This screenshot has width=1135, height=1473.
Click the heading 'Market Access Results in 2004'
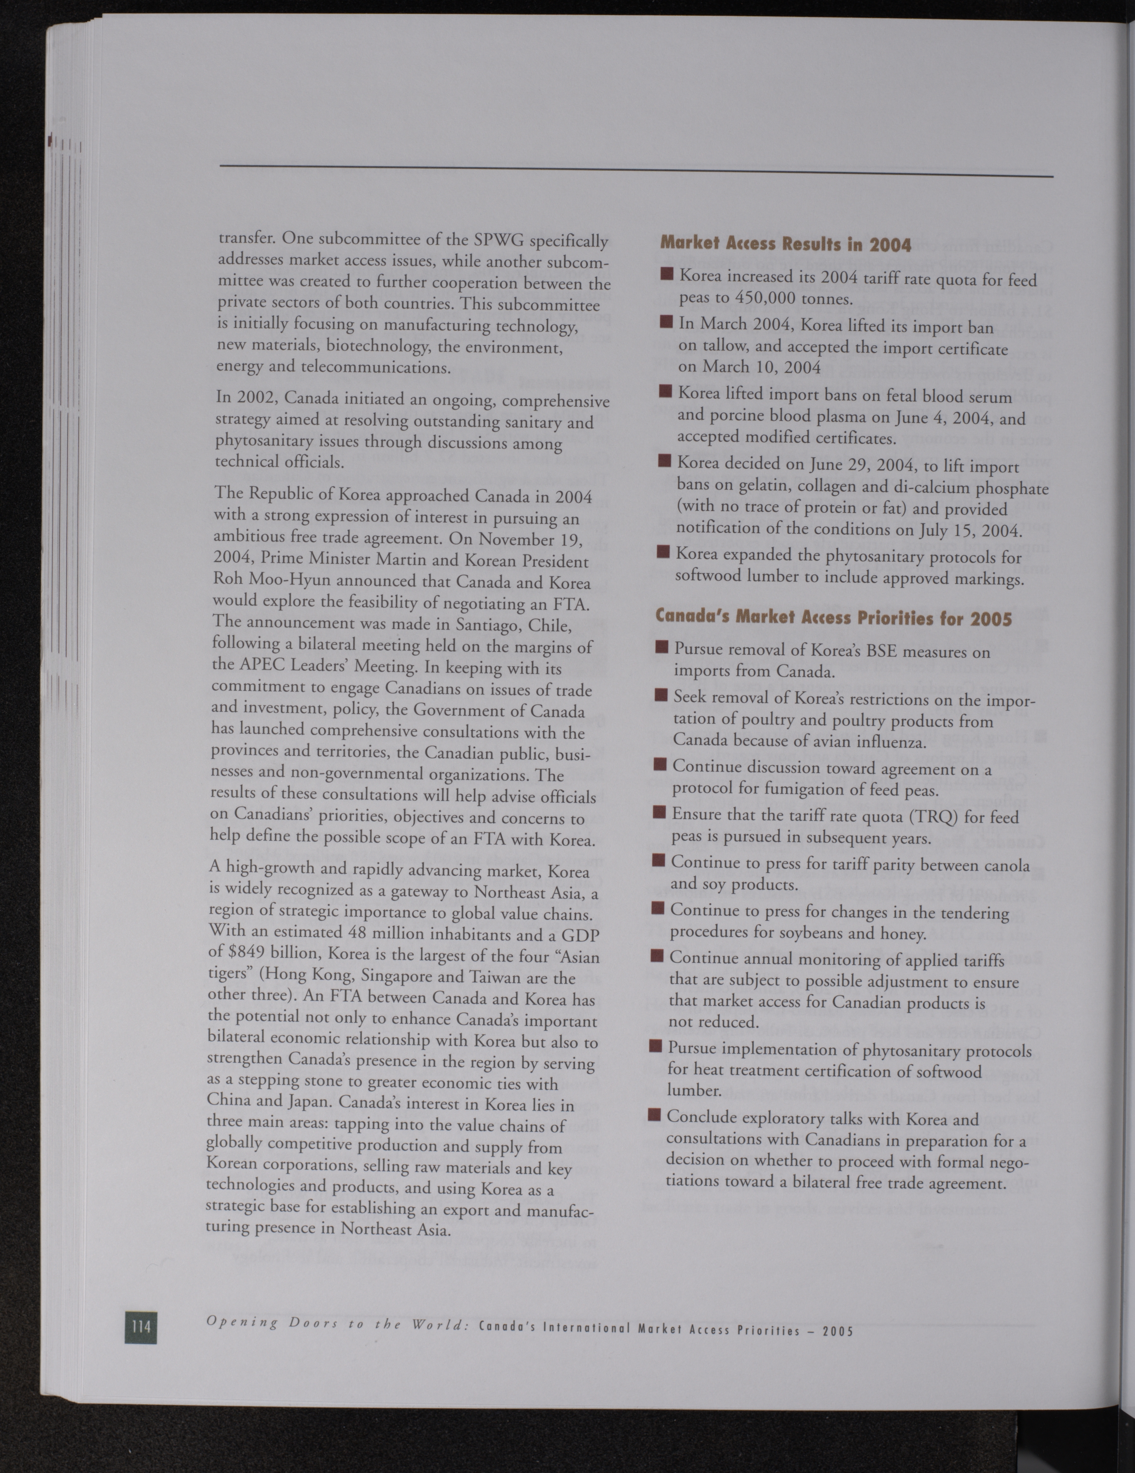point(786,244)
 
